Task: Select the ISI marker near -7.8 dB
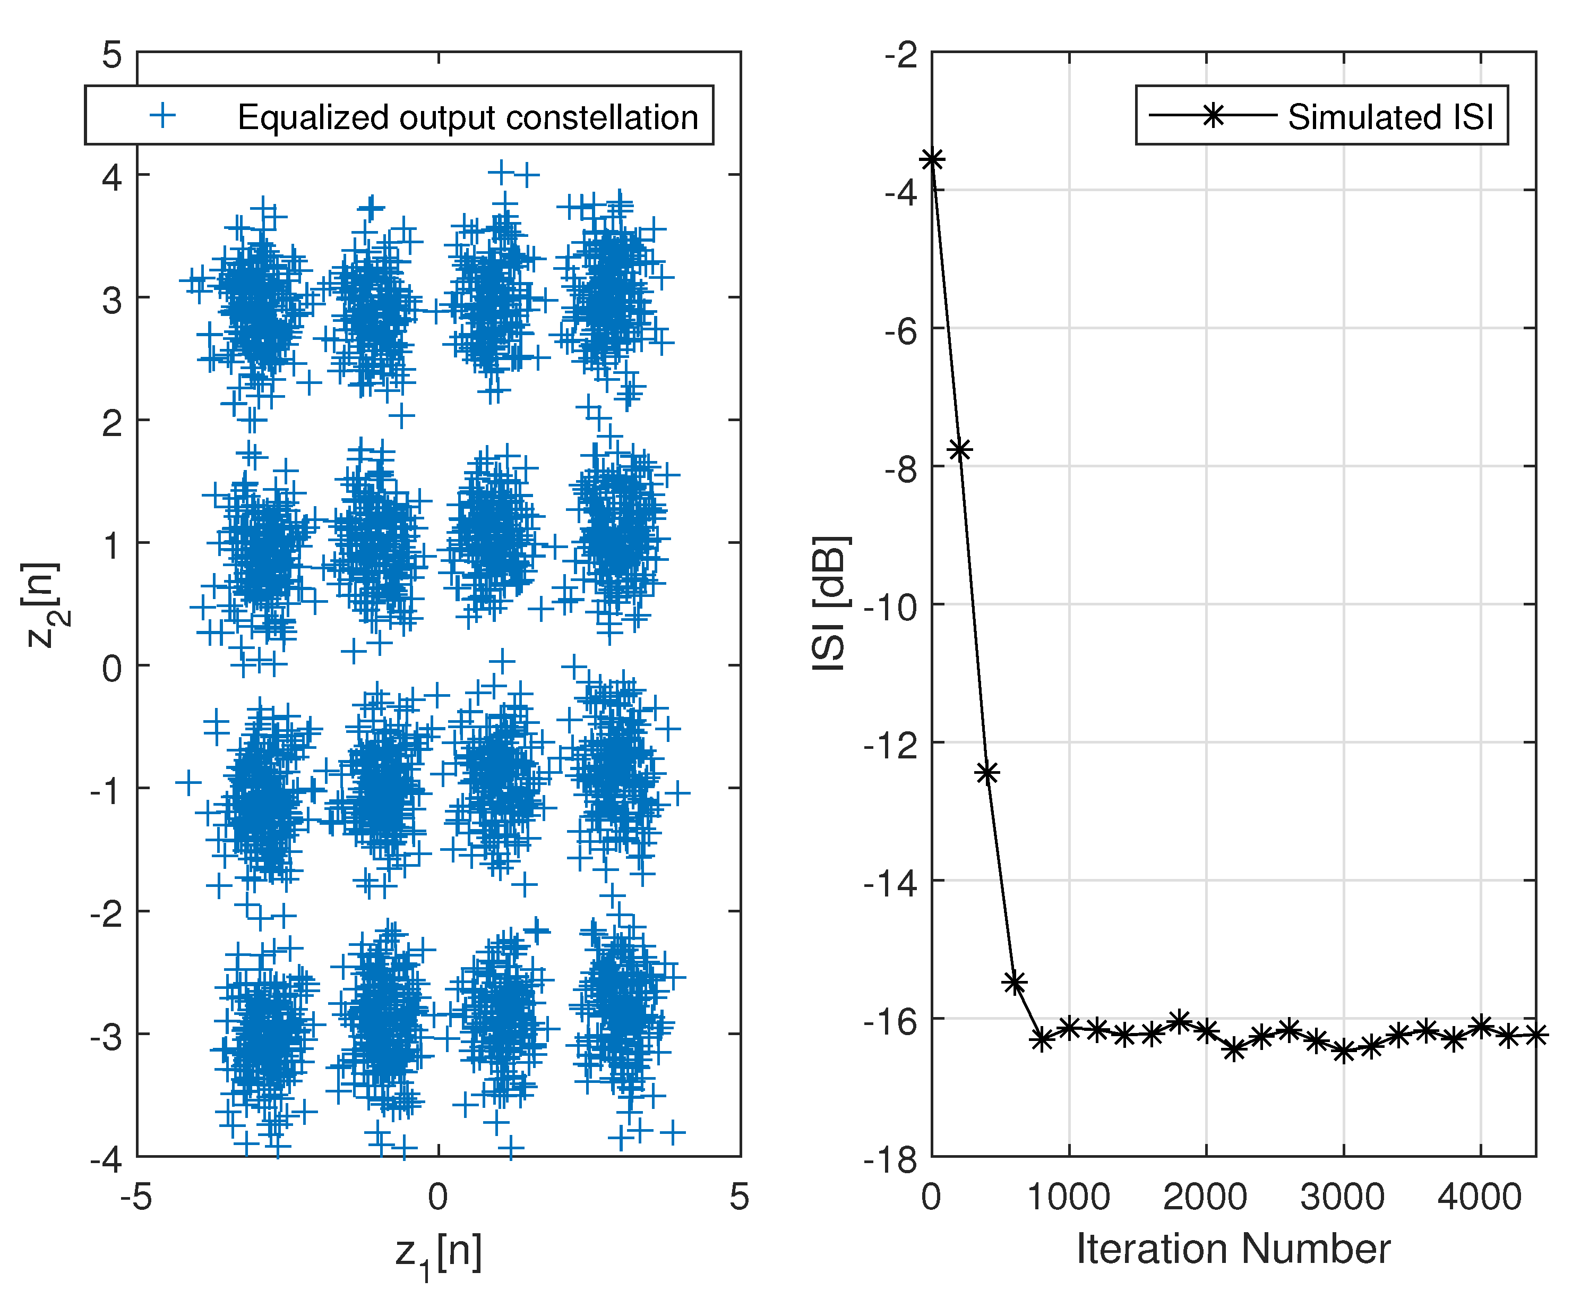960,449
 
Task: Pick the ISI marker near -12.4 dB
987,772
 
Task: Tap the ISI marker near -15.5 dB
1015,983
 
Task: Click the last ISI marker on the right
1535,1035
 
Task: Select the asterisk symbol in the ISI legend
1213,115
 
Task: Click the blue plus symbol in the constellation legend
163,115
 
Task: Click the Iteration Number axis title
1233,1249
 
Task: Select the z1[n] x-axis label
439,1253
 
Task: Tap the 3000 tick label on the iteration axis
1343,1197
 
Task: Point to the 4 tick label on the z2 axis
112,178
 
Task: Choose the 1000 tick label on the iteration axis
1068,1197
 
